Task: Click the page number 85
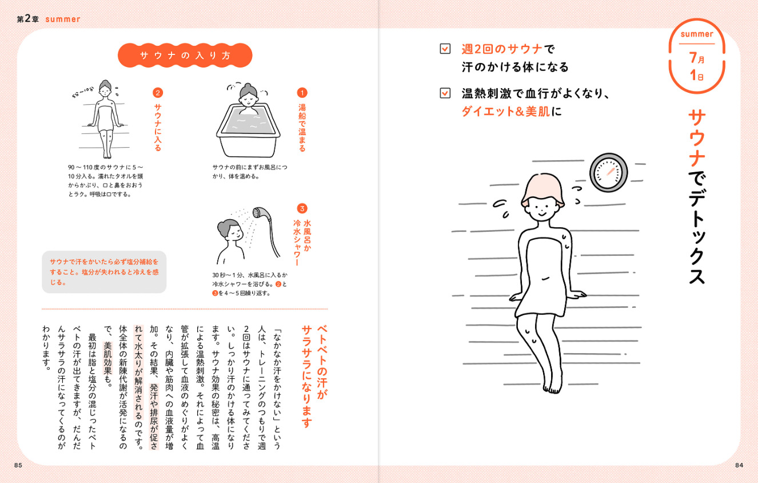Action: click(x=18, y=465)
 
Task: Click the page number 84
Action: click(x=739, y=465)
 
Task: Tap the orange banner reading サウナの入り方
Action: click(x=185, y=56)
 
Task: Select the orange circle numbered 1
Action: click(x=302, y=92)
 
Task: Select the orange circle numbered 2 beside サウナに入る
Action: click(x=158, y=92)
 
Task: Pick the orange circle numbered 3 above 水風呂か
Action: click(x=302, y=208)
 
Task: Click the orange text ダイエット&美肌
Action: click(x=505, y=111)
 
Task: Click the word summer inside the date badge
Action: click(x=696, y=34)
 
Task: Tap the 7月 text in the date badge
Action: click(x=696, y=58)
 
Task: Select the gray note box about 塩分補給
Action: click(x=104, y=272)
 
